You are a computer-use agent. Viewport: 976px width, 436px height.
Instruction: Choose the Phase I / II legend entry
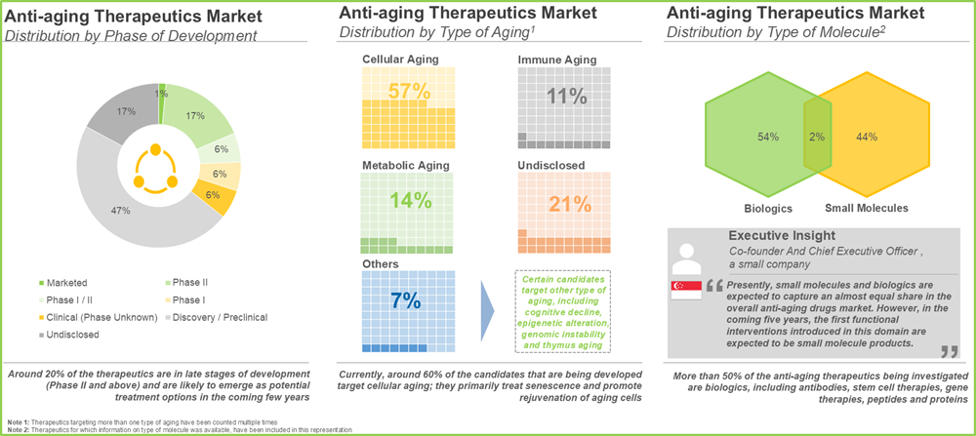click(65, 300)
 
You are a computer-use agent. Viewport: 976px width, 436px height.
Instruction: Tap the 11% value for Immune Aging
click(565, 96)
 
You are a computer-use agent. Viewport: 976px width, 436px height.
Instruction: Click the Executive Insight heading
click(783, 236)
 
